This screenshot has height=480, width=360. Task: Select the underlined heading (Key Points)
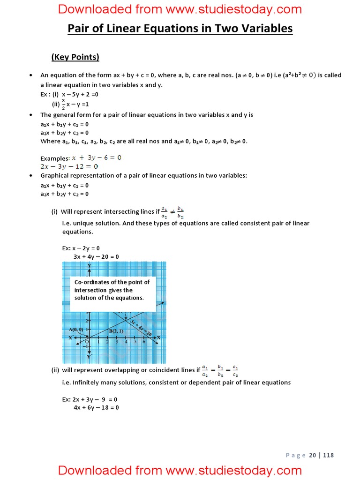tap(75, 57)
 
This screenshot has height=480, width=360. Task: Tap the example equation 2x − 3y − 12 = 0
tap(69, 166)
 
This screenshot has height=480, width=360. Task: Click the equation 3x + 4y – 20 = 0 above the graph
tap(96, 256)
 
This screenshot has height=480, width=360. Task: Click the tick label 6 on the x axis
tap(143, 342)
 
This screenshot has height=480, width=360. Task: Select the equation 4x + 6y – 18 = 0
tap(96, 407)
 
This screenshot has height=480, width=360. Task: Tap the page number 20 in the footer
tap(313, 455)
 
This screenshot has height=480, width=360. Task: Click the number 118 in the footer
tap(328, 455)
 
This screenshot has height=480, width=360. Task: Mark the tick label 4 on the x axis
tap(126, 342)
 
